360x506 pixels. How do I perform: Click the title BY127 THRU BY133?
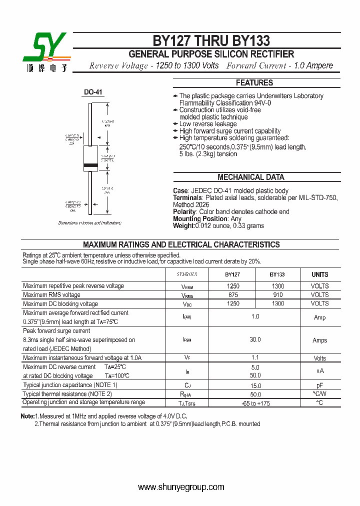[x=211, y=40]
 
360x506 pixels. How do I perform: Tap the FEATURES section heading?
[x=254, y=83]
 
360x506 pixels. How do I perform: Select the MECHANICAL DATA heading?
[x=250, y=177]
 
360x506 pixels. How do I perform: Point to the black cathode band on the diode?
[x=90, y=165]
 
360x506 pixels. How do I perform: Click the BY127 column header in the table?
[x=232, y=274]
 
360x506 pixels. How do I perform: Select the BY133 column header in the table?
[x=277, y=274]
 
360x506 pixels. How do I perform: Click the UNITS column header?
[x=320, y=274]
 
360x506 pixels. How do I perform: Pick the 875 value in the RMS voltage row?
[x=233, y=295]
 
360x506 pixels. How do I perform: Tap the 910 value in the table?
[x=277, y=295]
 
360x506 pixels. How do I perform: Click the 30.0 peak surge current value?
[x=255, y=339]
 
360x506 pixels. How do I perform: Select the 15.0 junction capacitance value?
[x=255, y=385]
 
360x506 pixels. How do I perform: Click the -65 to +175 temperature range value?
[x=255, y=403]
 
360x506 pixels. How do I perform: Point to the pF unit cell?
[x=320, y=385]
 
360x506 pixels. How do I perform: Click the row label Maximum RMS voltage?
[x=51, y=295]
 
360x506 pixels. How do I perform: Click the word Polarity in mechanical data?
[x=184, y=212]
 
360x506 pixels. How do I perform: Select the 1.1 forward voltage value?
[x=255, y=358]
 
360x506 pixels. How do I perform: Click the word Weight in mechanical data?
[x=183, y=226]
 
